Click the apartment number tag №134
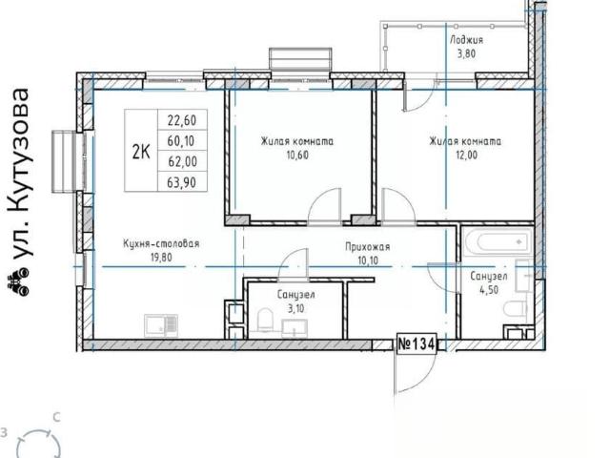[x=417, y=344]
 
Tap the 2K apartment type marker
[x=141, y=152]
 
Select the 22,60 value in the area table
[x=182, y=120]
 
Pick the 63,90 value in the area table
[x=182, y=182]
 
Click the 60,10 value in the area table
[x=181, y=141]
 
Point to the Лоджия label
[x=466, y=40]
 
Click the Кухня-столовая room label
[x=161, y=244]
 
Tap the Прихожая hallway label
[x=368, y=247]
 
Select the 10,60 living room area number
[x=297, y=155]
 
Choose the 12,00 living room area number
[x=466, y=155]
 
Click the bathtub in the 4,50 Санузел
[x=498, y=241]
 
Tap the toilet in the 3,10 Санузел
[x=265, y=321]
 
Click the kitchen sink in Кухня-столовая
[x=161, y=325]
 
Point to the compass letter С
[x=57, y=418]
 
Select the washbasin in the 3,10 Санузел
[x=295, y=328]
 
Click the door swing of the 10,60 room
[x=324, y=207]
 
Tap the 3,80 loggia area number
[x=466, y=53]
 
